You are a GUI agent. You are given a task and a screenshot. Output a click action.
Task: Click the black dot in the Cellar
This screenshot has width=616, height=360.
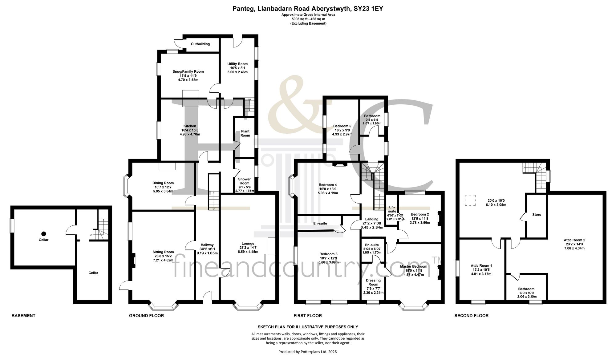[x=44, y=234]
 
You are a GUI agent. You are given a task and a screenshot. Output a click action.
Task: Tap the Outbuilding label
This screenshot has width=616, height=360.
[x=200, y=44]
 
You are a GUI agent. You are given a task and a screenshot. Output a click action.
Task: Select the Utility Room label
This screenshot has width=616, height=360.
[x=237, y=64]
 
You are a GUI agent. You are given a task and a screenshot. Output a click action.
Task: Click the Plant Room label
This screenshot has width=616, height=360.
[x=245, y=133]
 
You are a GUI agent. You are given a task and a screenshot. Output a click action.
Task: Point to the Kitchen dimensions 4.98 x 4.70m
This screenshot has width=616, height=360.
[x=190, y=134]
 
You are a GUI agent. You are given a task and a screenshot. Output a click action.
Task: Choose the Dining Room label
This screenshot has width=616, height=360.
[x=163, y=183]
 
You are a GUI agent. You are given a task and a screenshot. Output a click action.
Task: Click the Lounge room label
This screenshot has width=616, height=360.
[x=248, y=244]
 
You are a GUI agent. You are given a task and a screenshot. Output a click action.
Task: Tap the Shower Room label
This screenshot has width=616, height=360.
[x=245, y=181]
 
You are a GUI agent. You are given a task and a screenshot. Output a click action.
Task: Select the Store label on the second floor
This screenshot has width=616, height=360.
[x=537, y=215]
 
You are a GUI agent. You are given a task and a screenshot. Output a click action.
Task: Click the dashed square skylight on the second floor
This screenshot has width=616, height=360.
[x=470, y=200]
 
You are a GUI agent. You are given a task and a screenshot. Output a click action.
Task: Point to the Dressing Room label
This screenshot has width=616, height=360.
[x=373, y=282]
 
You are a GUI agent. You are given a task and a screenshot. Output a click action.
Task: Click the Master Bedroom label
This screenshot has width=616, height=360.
[x=414, y=266]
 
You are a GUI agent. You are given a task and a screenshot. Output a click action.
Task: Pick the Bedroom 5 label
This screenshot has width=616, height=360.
[x=342, y=126]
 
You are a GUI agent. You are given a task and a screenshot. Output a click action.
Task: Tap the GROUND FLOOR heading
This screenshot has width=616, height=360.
[x=146, y=316]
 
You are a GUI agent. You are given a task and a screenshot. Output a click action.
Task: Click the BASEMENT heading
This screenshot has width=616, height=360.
[x=23, y=316]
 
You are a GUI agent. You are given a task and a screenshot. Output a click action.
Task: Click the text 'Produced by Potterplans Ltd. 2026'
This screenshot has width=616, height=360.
[x=308, y=352]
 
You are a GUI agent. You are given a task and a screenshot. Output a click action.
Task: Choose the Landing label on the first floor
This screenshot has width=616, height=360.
[x=372, y=219]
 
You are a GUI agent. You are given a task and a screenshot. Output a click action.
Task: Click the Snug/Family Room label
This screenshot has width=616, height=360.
[x=188, y=72]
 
